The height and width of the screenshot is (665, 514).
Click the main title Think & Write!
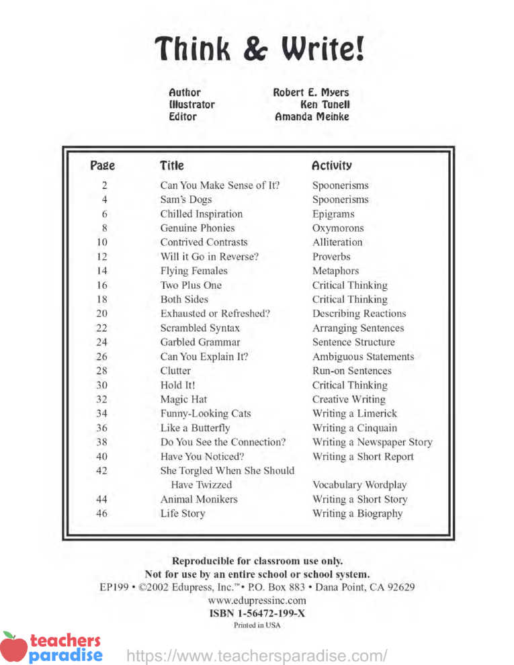coord(259,49)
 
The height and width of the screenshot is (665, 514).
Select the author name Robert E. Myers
coord(311,93)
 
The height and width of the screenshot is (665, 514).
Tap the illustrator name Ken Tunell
coord(325,105)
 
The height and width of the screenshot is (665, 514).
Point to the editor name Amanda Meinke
coord(312,117)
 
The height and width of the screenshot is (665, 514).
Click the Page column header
coord(102,165)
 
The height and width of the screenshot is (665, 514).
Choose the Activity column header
coord(331,165)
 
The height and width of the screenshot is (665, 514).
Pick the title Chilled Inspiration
coord(202,214)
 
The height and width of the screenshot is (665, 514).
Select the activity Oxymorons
coord(338,228)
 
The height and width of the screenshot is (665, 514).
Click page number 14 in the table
coord(102,271)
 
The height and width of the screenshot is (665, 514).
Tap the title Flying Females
coord(194,271)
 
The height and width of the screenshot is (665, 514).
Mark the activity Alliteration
coord(337,242)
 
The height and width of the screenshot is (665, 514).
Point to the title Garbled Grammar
coord(200,343)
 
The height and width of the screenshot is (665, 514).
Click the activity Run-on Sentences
coord(351,371)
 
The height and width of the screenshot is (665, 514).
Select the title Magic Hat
coord(183,400)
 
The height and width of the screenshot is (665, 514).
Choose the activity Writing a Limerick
coord(355,414)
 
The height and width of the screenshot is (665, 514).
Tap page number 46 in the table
coord(102,514)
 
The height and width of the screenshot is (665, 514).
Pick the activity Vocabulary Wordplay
coord(359,485)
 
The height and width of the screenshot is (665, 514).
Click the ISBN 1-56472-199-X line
coord(257,613)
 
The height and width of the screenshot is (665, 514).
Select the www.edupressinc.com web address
coord(257,600)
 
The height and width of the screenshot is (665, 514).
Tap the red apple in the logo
coord(13,647)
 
